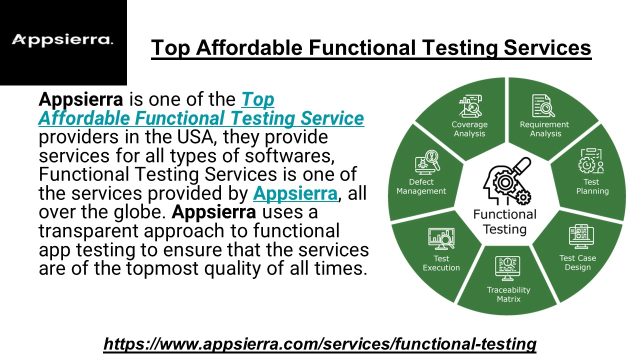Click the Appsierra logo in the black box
click(x=62, y=40)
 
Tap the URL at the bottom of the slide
click(x=319, y=343)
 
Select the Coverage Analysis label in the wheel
click(x=469, y=129)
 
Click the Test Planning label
click(x=592, y=186)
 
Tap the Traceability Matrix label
click(x=508, y=294)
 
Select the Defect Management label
click(x=421, y=186)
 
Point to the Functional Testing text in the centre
click(x=504, y=222)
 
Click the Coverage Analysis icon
click(x=469, y=105)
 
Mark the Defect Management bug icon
click(x=426, y=162)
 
